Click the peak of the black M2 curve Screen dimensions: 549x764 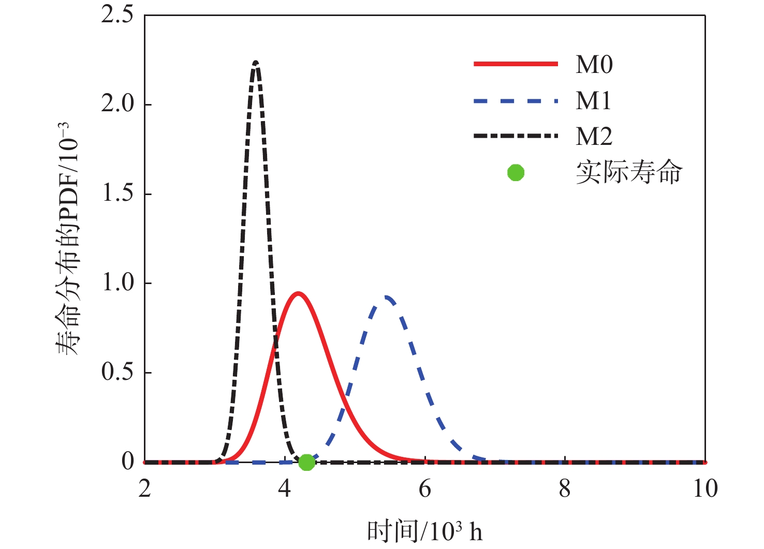pos(256,63)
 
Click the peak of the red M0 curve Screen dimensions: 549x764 pos(298,293)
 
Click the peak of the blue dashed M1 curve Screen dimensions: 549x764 pos(387,297)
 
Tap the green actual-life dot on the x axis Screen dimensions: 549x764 pos(306,462)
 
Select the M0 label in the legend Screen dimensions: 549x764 pos(594,65)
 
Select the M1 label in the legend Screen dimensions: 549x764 pos(593,100)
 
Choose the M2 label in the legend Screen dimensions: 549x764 pos(594,136)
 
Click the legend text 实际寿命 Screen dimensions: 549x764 pos(629,172)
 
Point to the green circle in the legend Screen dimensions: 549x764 pos(516,172)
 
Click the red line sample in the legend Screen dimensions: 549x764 pos(516,64)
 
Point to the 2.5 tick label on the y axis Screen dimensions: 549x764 pos(117,15)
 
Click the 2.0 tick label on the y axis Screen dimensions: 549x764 pos(117,104)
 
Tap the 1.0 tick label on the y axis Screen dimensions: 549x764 pos(117,283)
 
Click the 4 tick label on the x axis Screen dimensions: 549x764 pos(285,488)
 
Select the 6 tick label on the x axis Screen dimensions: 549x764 pos(425,488)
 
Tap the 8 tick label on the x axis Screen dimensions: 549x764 pos(565,488)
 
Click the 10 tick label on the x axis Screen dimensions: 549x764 pos(705,488)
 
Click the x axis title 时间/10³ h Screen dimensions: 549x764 pos(424,531)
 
